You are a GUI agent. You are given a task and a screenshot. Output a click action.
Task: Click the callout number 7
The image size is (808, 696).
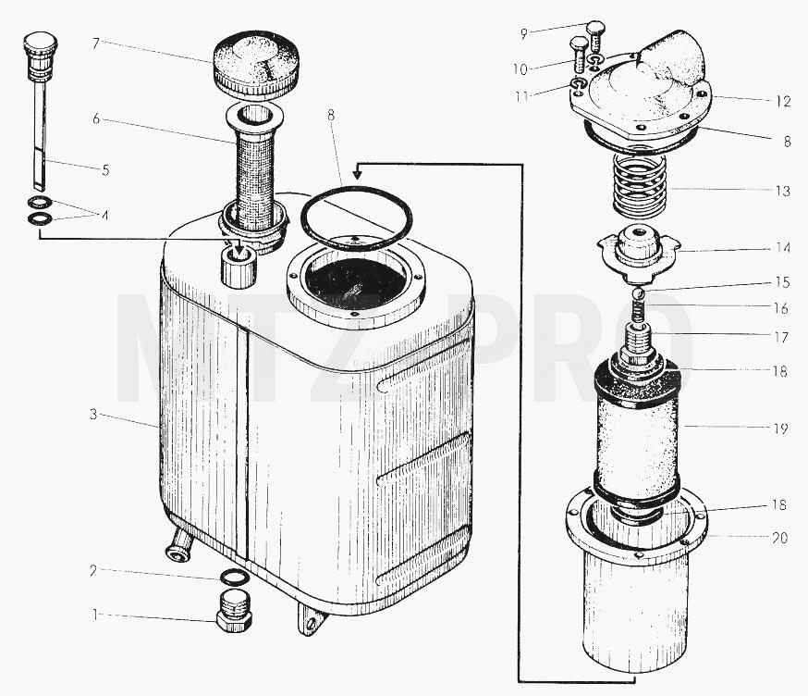(x=95, y=43)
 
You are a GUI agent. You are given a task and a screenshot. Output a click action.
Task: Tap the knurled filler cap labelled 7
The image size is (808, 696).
(x=256, y=64)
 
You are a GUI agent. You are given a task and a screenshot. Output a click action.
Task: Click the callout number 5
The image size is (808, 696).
(x=105, y=169)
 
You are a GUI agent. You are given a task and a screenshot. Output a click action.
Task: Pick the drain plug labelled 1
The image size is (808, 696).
(x=234, y=612)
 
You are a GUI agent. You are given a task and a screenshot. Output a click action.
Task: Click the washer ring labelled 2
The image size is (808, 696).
(x=235, y=577)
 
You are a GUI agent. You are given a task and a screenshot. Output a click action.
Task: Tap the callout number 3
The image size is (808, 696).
(x=93, y=414)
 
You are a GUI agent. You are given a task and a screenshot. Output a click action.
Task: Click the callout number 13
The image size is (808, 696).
(x=782, y=191)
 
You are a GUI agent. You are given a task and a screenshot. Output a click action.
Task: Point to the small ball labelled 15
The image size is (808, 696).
(x=639, y=293)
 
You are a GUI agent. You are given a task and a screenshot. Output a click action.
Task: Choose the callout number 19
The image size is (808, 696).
(x=780, y=429)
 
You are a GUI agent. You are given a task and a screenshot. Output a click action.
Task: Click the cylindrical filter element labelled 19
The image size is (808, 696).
(x=637, y=429)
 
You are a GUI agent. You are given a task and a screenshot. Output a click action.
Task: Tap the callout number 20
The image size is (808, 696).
(x=780, y=538)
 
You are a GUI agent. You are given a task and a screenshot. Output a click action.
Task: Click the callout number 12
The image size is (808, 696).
(x=783, y=101)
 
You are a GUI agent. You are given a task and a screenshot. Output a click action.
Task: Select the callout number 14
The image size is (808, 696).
(x=783, y=248)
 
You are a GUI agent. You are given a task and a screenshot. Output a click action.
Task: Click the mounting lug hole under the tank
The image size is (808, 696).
(x=311, y=623)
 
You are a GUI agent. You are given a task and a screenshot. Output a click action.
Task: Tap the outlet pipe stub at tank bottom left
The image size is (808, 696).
(x=179, y=546)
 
